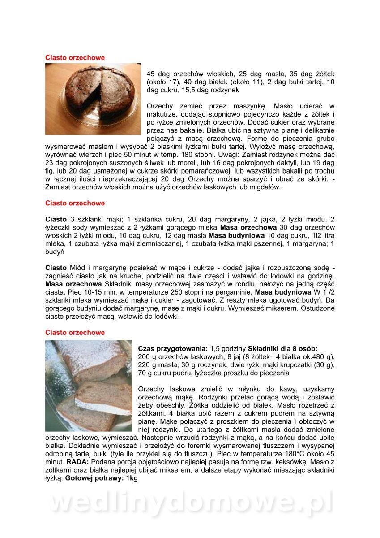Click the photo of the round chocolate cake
(x=92, y=99)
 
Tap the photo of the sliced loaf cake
(x=89, y=386)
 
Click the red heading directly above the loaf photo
(x=75, y=333)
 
